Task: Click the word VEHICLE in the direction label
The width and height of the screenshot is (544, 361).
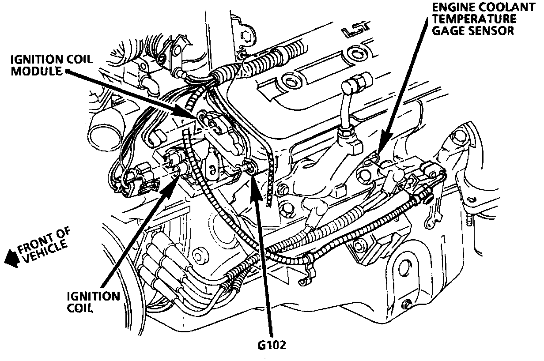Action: (x=44, y=252)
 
